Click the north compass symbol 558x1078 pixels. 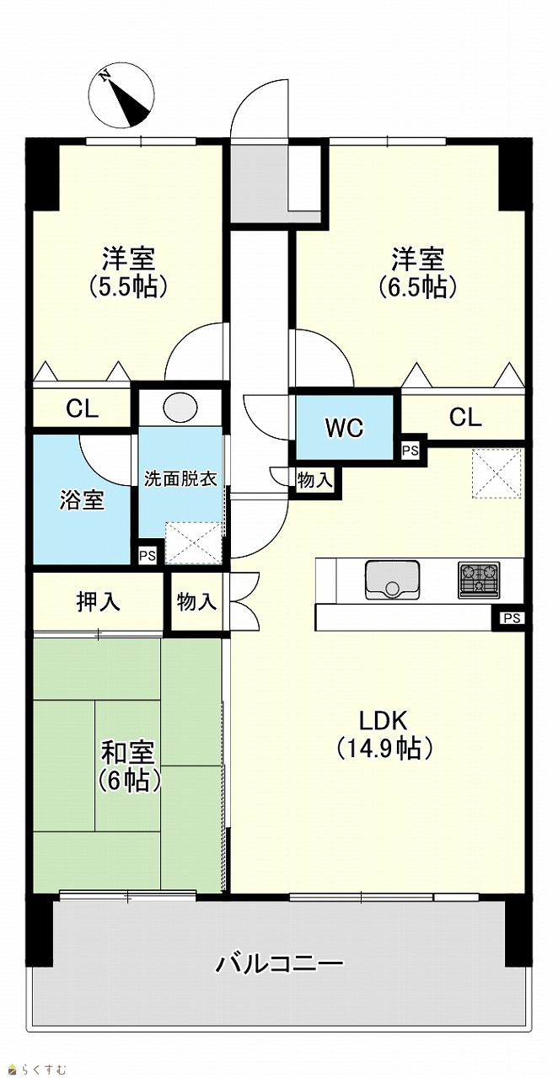coord(121,96)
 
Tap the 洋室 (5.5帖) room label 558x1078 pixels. coord(127,273)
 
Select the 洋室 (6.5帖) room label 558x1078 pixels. coord(417,273)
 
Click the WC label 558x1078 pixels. coord(344,428)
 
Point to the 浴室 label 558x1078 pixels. coord(82,500)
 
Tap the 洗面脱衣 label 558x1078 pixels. coord(180,479)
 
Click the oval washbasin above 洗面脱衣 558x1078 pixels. coord(180,408)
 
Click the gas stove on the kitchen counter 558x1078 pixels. coord(479,580)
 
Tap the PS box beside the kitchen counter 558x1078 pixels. coord(512,618)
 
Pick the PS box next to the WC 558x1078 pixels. coord(410,451)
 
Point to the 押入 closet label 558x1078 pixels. coord(99,601)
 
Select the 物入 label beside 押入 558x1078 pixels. coord(196,601)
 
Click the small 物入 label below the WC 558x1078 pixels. coord(315,480)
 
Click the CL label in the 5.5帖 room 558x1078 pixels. coord(83,409)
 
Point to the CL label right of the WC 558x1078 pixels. coord(465,418)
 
